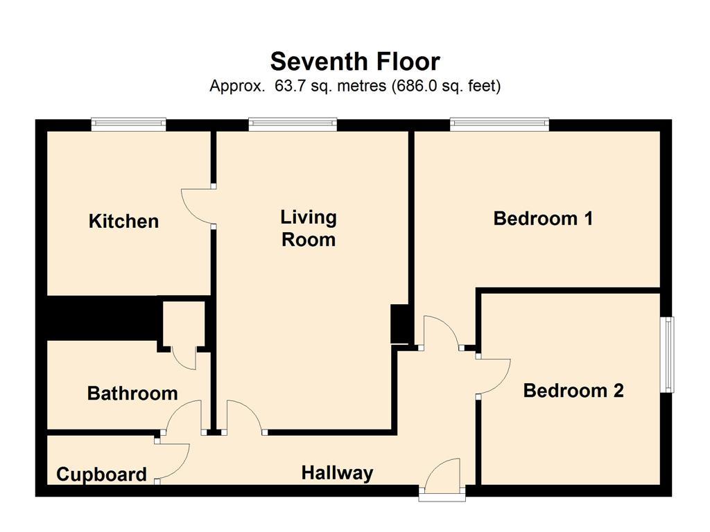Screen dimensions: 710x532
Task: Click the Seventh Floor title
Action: click(x=355, y=62)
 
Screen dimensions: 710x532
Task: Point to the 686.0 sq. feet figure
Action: click(x=446, y=86)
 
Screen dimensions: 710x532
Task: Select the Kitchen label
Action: click(x=123, y=221)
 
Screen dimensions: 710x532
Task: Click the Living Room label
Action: click(x=309, y=229)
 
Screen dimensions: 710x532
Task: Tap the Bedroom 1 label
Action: click(x=543, y=218)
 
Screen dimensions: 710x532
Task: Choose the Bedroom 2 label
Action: click(x=573, y=391)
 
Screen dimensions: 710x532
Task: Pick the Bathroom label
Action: click(x=132, y=393)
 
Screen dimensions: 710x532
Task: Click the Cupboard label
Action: click(x=101, y=475)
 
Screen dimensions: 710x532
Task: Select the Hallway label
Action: click(x=338, y=473)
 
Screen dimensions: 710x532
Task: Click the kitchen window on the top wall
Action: click(x=128, y=125)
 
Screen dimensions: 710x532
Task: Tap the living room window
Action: click(x=293, y=125)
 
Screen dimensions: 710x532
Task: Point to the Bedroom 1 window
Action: click(x=499, y=125)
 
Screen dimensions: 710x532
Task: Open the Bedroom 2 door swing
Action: click(x=494, y=376)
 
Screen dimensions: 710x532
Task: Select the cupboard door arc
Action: click(x=172, y=461)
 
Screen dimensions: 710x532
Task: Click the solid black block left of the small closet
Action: click(x=103, y=317)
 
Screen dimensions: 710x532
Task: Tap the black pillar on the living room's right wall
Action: click(x=400, y=324)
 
